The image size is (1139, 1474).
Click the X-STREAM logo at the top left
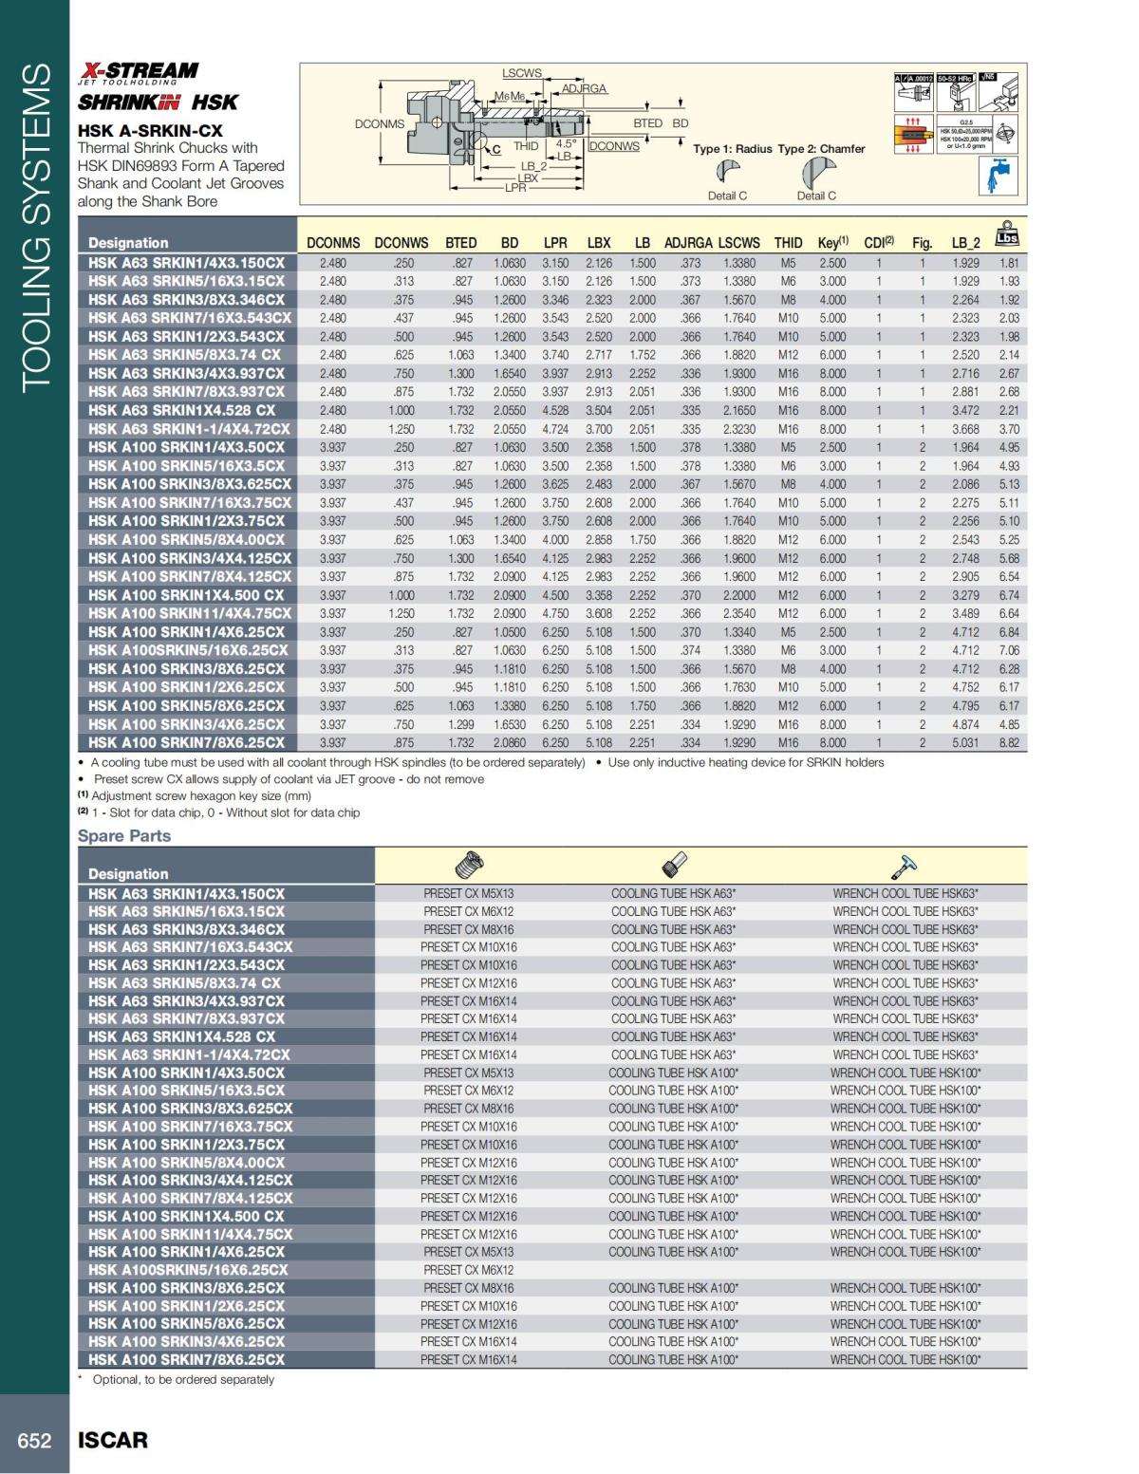click(139, 70)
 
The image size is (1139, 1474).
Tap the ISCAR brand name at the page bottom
click(112, 1440)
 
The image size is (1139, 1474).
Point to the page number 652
click(35, 1440)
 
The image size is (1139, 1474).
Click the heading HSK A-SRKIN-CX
click(150, 130)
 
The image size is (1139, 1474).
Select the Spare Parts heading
click(124, 835)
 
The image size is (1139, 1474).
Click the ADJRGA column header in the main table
click(688, 243)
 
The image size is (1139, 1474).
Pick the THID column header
click(788, 243)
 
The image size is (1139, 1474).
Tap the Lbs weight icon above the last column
click(1007, 233)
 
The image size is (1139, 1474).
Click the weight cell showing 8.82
click(1009, 743)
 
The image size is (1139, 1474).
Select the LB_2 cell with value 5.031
click(965, 743)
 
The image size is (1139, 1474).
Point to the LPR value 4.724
click(555, 429)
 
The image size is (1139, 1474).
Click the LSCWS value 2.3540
click(739, 614)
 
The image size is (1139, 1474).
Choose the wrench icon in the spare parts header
click(905, 866)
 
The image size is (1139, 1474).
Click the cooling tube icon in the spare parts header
click(673, 866)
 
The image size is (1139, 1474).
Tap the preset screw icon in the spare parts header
click(469, 866)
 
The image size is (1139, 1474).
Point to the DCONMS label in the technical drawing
click(379, 123)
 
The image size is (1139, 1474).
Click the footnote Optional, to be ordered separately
click(183, 1379)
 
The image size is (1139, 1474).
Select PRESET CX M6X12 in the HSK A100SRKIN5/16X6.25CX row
click(469, 1270)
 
